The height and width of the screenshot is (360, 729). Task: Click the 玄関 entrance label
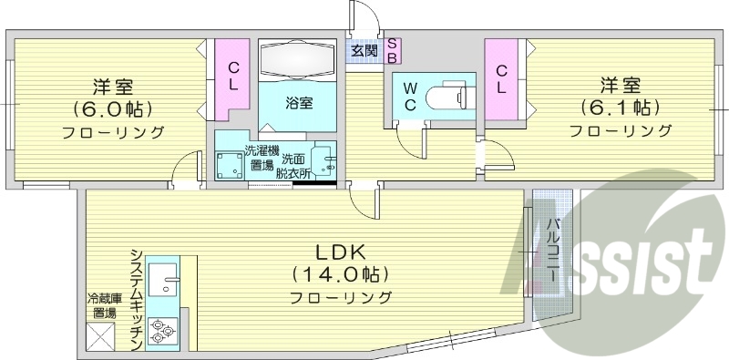click(x=364, y=51)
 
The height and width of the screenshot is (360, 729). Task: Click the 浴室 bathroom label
click(x=300, y=102)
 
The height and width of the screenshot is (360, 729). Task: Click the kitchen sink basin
click(x=165, y=277)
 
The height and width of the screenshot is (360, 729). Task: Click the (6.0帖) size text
click(x=113, y=109)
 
